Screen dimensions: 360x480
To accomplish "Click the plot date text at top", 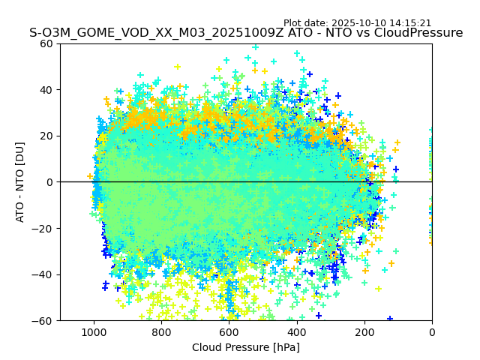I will click(357, 23).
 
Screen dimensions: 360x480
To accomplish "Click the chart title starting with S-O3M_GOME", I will click(246, 33).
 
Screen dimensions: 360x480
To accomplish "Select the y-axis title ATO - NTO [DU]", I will click(21, 182).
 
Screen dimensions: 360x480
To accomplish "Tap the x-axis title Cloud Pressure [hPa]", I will click(246, 347).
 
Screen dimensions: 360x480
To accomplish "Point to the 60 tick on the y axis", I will click(46, 43).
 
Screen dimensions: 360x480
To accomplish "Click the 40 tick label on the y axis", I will click(46, 90).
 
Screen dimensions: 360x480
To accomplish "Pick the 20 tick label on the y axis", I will click(46, 136).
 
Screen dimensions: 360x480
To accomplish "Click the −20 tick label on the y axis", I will click(43, 228).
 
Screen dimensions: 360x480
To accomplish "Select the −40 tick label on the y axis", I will click(43, 274).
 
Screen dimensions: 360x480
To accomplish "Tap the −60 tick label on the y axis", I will click(43, 320).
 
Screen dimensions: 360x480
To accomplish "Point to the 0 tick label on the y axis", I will click(50, 182).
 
